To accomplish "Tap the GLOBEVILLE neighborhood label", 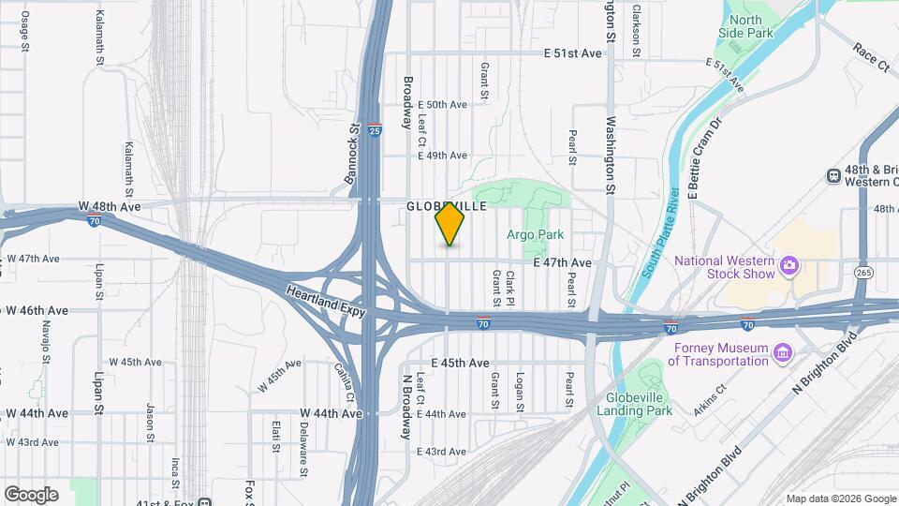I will pyautogui.click(x=446, y=206).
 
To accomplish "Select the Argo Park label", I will pyautogui.click(x=537, y=234).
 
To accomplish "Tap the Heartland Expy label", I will pyautogui.click(x=324, y=303).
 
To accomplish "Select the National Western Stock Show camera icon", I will pyautogui.click(x=789, y=266).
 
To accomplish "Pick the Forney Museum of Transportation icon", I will pyautogui.click(x=783, y=352).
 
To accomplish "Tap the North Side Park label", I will pyautogui.click(x=752, y=26).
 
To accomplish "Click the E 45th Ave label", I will pyautogui.click(x=461, y=363).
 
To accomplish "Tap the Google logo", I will pyautogui.click(x=31, y=495).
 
